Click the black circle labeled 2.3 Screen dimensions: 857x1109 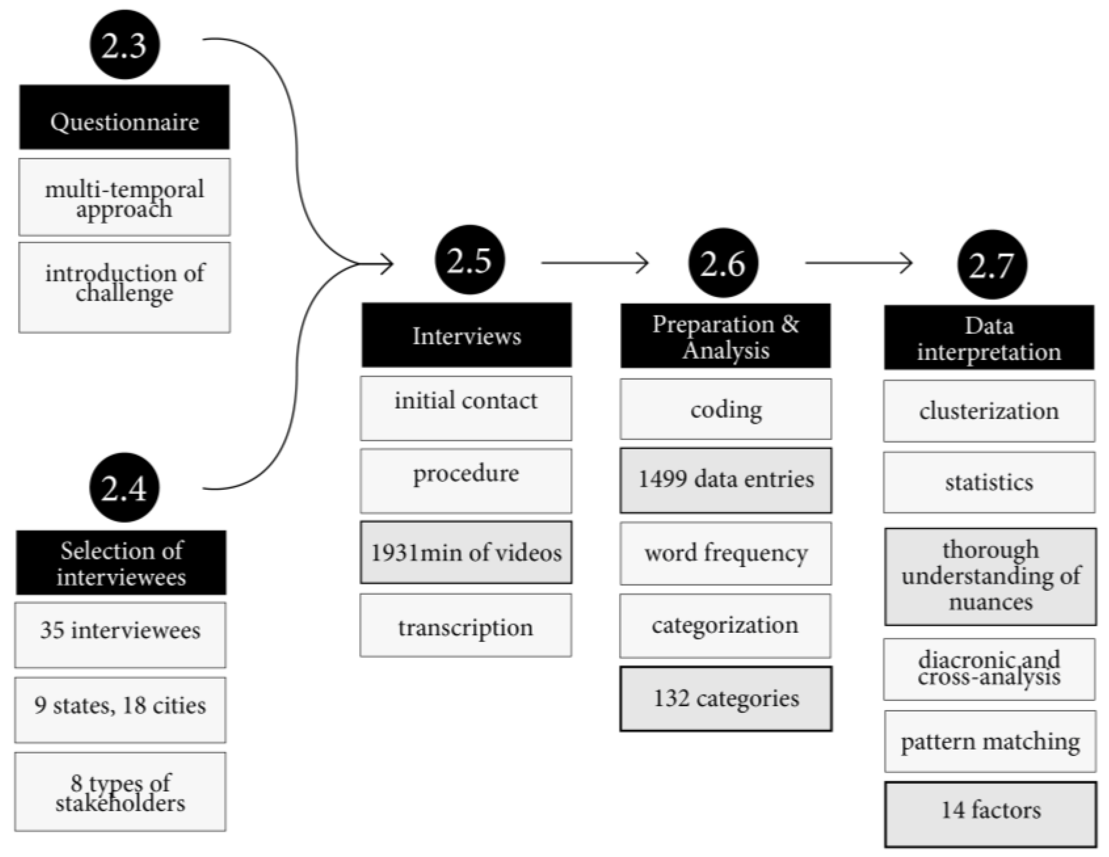click(x=125, y=45)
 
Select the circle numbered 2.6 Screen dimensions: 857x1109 click(x=723, y=263)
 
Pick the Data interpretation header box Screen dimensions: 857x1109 click(x=989, y=338)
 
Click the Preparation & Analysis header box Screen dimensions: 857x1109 click(x=726, y=336)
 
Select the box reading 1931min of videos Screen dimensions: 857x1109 click(x=466, y=552)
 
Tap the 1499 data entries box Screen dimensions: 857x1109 click(x=726, y=480)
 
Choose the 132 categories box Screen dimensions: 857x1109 click(x=726, y=699)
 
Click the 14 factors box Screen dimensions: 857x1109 click(x=990, y=814)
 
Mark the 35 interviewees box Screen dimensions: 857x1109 click(x=120, y=635)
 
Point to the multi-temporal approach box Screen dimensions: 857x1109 click(x=125, y=197)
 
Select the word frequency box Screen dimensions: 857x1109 click(x=726, y=553)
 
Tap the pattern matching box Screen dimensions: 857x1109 click(x=990, y=741)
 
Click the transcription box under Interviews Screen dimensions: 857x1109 click(x=466, y=625)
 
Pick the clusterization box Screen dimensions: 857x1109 click(x=989, y=411)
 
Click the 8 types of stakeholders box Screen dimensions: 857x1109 click(x=120, y=791)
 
